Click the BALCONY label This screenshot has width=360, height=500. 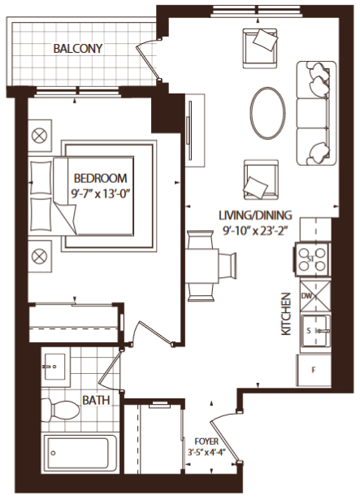coord(78,48)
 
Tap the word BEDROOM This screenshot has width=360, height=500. coord(102,179)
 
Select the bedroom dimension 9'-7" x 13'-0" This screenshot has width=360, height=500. coord(102,193)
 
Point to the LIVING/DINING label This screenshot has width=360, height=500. coord(255,216)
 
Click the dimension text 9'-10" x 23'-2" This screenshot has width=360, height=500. coord(255,231)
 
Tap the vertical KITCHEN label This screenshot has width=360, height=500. coord(286,316)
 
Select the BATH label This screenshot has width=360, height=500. coord(96,401)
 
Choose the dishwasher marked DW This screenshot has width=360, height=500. coord(314,297)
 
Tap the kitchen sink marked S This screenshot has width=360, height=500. coord(313,331)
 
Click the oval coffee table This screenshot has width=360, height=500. coord(267,113)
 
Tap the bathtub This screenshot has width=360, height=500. coord(79,453)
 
